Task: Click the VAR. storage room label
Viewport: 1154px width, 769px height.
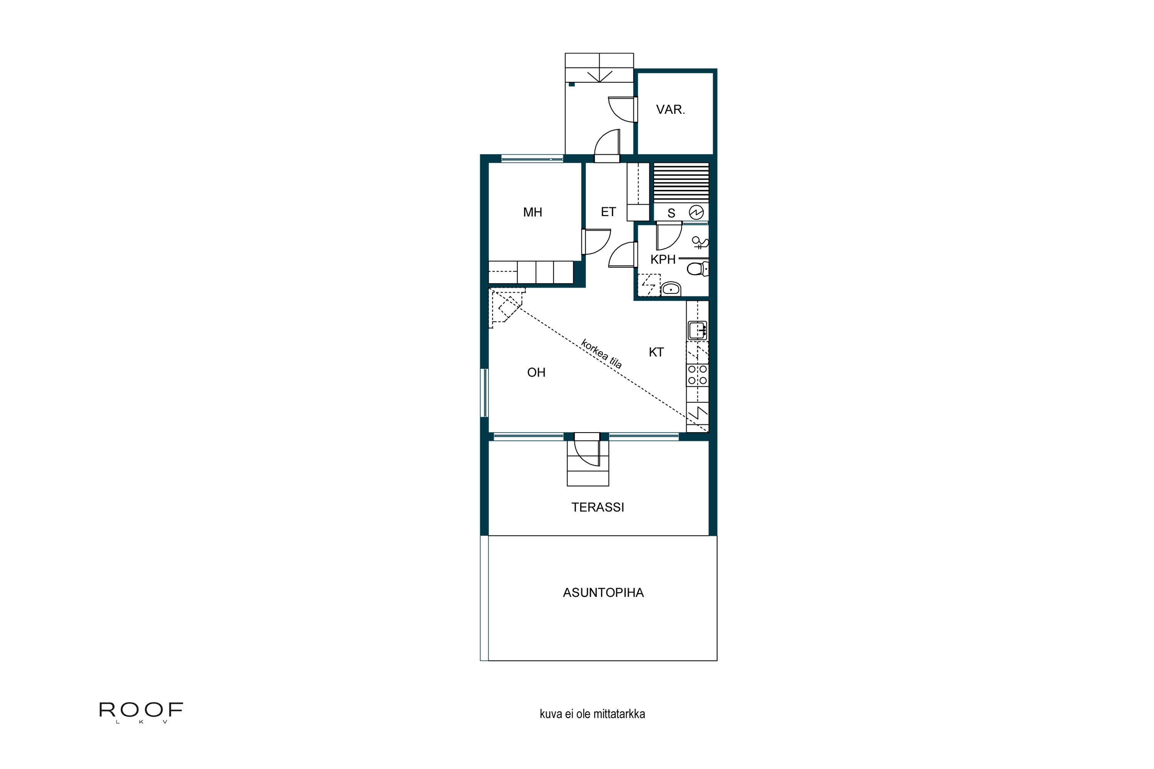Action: click(670, 109)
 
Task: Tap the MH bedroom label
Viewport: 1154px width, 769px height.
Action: click(532, 212)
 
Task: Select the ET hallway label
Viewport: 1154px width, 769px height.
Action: click(608, 212)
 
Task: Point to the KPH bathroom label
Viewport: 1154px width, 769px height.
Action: click(663, 260)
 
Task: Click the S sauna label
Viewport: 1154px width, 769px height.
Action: click(671, 213)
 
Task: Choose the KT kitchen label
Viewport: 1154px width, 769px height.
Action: click(656, 352)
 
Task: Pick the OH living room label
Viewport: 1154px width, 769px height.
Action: click(536, 373)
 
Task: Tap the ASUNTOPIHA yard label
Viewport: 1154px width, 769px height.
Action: click(603, 593)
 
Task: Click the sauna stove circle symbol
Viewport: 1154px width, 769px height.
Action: click(696, 212)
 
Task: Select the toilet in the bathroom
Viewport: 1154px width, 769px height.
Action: click(697, 269)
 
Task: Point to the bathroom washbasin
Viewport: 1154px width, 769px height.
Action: click(671, 289)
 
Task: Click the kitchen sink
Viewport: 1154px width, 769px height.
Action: click(697, 330)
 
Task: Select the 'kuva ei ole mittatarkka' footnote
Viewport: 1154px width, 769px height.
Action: click(592, 714)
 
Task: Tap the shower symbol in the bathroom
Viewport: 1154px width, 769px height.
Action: click(700, 243)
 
